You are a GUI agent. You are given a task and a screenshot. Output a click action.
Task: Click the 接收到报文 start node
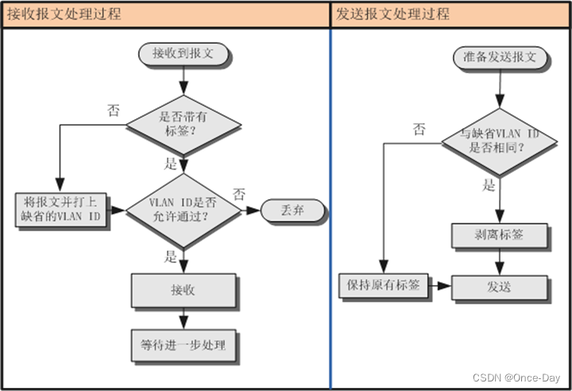tap(183, 53)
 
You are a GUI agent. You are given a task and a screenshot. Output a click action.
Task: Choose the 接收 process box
tap(183, 291)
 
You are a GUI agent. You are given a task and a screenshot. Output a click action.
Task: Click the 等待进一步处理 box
tap(183, 345)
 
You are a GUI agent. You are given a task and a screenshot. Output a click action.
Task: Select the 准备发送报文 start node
tap(500, 57)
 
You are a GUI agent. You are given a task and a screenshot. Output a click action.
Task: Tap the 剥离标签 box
tap(500, 235)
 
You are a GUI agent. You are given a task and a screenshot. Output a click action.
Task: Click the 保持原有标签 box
tap(385, 284)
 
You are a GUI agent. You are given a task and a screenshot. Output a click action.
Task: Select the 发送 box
tap(500, 287)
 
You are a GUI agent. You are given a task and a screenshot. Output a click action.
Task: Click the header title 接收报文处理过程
tap(65, 14)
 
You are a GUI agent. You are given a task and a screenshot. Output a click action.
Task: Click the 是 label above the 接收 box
tap(170, 257)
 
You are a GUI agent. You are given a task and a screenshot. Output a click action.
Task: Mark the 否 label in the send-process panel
tap(419, 129)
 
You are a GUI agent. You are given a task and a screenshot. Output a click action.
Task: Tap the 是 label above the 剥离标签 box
tap(488, 186)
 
